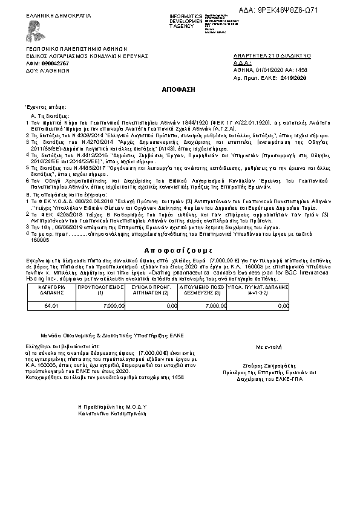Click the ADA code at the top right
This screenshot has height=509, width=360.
(x=313, y=10)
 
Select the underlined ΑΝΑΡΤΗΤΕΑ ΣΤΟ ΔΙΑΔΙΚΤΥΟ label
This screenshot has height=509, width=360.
(x=272, y=56)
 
